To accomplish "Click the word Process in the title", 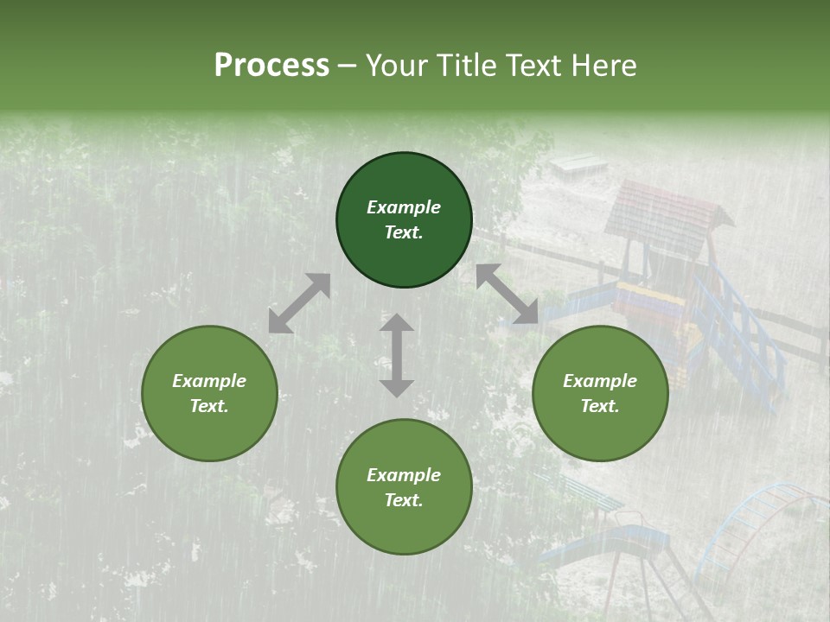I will (x=271, y=66).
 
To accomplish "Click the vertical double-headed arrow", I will (x=397, y=355).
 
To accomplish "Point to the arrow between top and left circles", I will (x=299, y=303).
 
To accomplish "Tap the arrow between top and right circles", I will (x=507, y=294).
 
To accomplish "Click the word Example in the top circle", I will (x=404, y=207).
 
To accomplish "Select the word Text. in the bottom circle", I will (x=404, y=500).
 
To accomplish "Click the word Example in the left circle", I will (x=209, y=381).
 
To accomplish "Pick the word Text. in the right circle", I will (x=600, y=406).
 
